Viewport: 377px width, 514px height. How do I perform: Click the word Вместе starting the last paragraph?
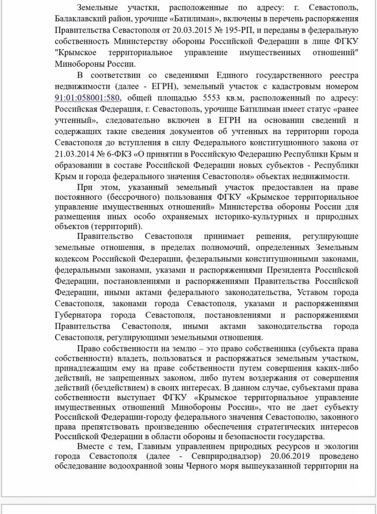tap(91, 446)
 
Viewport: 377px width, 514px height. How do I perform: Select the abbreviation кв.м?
tap(241, 98)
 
